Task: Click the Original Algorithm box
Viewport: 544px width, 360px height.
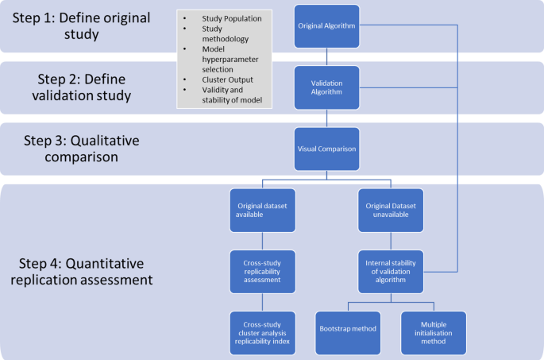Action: (327, 26)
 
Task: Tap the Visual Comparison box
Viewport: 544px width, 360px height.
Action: (327, 148)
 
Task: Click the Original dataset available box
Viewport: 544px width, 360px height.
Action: (261, 211)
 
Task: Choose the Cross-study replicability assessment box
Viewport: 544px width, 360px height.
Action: (261, 269)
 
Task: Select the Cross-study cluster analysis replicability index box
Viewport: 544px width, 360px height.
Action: (261, 332)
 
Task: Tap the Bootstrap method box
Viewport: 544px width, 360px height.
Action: (348, 332)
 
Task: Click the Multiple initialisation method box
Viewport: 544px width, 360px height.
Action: (434, 332)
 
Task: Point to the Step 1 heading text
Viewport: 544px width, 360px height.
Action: (83, 26)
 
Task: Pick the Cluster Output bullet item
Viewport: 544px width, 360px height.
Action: (229, 79)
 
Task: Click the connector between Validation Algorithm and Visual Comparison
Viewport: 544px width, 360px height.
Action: (327, 117)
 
